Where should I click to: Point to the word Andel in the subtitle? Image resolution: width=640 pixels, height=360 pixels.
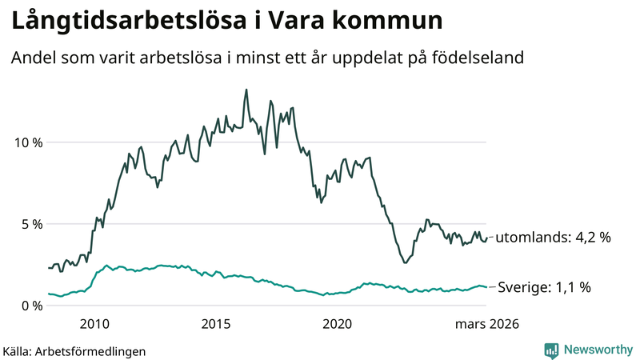(x=34, y=58)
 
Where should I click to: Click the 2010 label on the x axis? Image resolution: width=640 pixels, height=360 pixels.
(x=94, y=324)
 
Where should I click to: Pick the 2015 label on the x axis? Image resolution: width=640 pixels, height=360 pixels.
(x=216, y=324)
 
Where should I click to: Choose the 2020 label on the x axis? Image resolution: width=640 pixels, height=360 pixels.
(x=337, y=324)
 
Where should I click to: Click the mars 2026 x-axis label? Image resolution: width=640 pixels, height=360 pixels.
(x=487, y=324)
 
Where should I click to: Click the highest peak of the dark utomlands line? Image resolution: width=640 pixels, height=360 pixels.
(x=246, y=90)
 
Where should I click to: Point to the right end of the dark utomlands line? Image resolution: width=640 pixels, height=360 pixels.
(x=486, y=237)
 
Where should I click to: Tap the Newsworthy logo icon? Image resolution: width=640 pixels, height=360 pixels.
(x=551, y=350)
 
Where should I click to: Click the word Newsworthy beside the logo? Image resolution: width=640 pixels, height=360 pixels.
(x=597, y=350)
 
